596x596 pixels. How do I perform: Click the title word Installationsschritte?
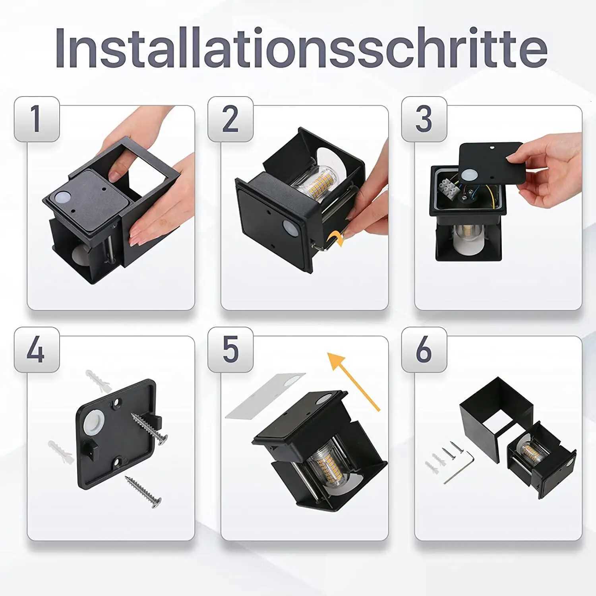coord(301,48)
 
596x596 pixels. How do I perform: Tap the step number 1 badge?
coord(37,119)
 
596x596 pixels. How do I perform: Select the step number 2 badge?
coord(230,119)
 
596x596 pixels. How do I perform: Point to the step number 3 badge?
coord(424,119)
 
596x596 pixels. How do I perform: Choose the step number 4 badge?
coord(37,350)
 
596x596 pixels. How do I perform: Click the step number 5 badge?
coord(230,350)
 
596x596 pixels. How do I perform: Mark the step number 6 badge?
coord(424,350)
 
